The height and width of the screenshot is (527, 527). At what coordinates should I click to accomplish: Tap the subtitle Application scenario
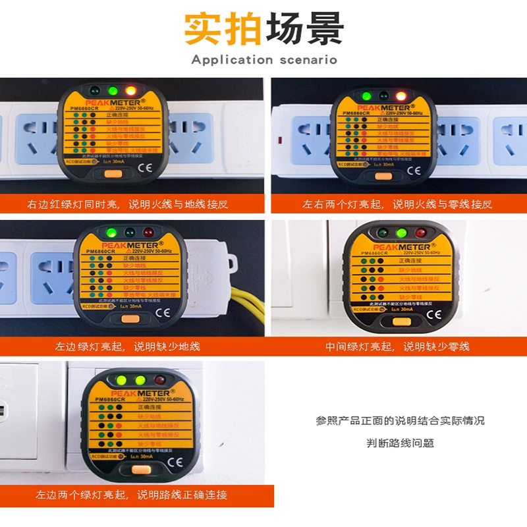coord(263,60)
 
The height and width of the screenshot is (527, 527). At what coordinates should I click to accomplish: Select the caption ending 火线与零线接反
coord(397,204)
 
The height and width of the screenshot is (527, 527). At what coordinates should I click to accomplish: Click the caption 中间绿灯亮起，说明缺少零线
coord(397,346)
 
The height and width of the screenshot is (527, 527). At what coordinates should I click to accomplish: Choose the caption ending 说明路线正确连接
coord(132,495)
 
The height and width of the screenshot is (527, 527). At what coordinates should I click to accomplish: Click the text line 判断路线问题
coord(400,443)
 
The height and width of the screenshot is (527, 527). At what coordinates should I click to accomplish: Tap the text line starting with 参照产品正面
coord(400,420)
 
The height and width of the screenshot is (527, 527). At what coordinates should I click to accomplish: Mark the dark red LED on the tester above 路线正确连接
coord(159,380)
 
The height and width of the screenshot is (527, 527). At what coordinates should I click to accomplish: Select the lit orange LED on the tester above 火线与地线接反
coord(131,91)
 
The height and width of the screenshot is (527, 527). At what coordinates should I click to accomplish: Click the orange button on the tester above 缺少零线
coord(398,321)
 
